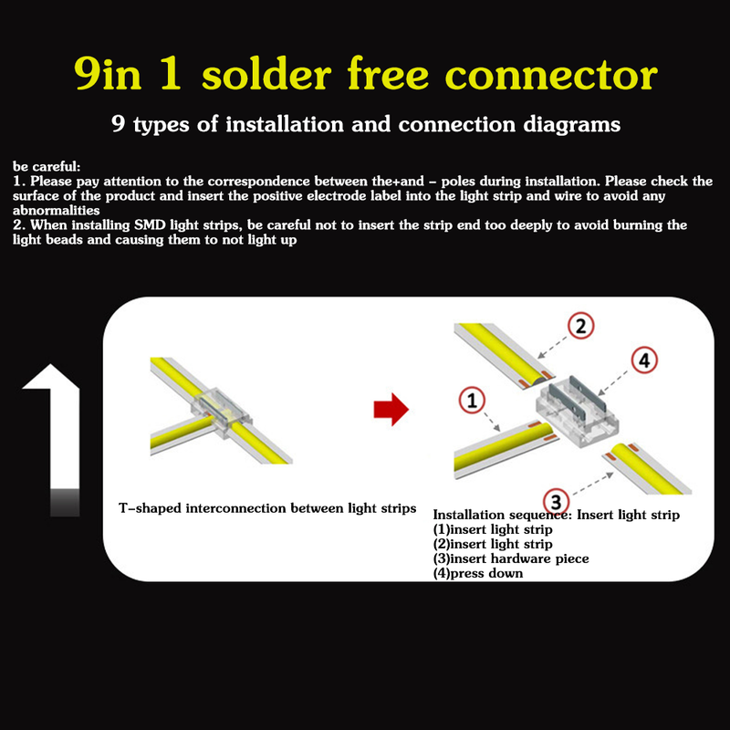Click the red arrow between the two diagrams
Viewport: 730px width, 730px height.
coord(391,409)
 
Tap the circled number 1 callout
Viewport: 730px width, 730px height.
coord(472,401)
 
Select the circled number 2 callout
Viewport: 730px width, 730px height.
coord(580,326)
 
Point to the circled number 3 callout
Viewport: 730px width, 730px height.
coord(557,502)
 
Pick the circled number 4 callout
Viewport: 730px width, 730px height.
coord(644,360)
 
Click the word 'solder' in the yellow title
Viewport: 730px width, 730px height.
coord(266,74)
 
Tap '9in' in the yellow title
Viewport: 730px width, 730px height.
coord(108,74)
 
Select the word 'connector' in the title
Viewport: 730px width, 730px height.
coord(551,75)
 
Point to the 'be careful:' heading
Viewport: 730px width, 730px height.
coord(47,166)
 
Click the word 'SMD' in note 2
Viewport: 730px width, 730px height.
coord(150,224)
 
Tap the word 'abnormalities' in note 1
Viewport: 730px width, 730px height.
coord(56,210)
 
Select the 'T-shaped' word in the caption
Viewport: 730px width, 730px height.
coord(150,508)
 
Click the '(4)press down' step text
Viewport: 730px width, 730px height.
coord(477,573)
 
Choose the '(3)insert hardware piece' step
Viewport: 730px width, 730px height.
coord(511,558)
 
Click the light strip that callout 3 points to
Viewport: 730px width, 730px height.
coord(648,468)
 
